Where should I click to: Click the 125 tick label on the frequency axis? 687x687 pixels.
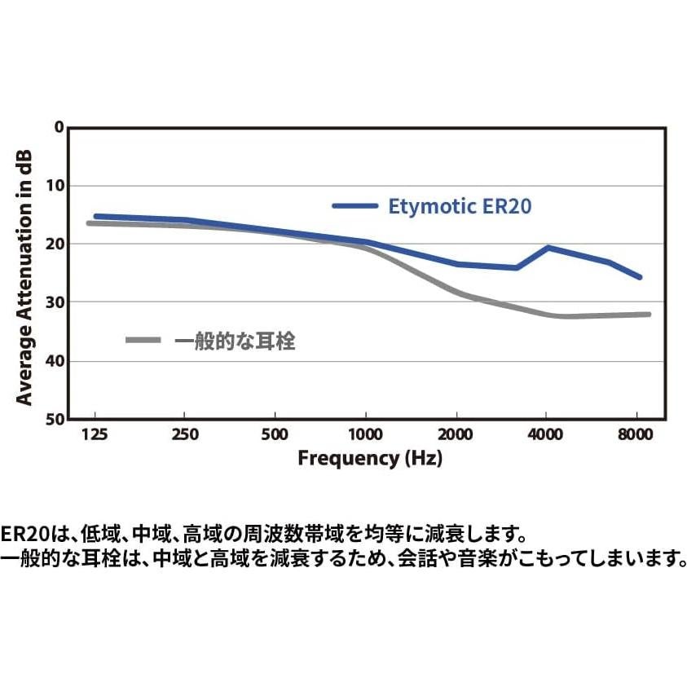point(95,434)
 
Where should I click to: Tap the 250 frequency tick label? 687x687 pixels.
point(186,434)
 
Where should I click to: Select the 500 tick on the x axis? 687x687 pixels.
point(275,434)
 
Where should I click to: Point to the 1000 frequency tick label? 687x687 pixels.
point(366,434)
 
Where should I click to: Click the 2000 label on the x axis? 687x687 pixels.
point(456,434)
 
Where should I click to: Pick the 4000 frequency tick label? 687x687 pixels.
point(546,434)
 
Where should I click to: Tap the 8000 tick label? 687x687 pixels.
point(636,434)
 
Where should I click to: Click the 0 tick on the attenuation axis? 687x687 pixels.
point(58,127)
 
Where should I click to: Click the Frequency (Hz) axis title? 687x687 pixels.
point(369,458)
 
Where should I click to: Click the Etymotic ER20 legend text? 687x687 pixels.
point(460,206)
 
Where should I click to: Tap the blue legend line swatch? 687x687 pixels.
point(355,206)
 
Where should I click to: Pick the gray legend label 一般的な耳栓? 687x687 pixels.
point(235,341)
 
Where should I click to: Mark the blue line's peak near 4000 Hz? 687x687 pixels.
point(548,247)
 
